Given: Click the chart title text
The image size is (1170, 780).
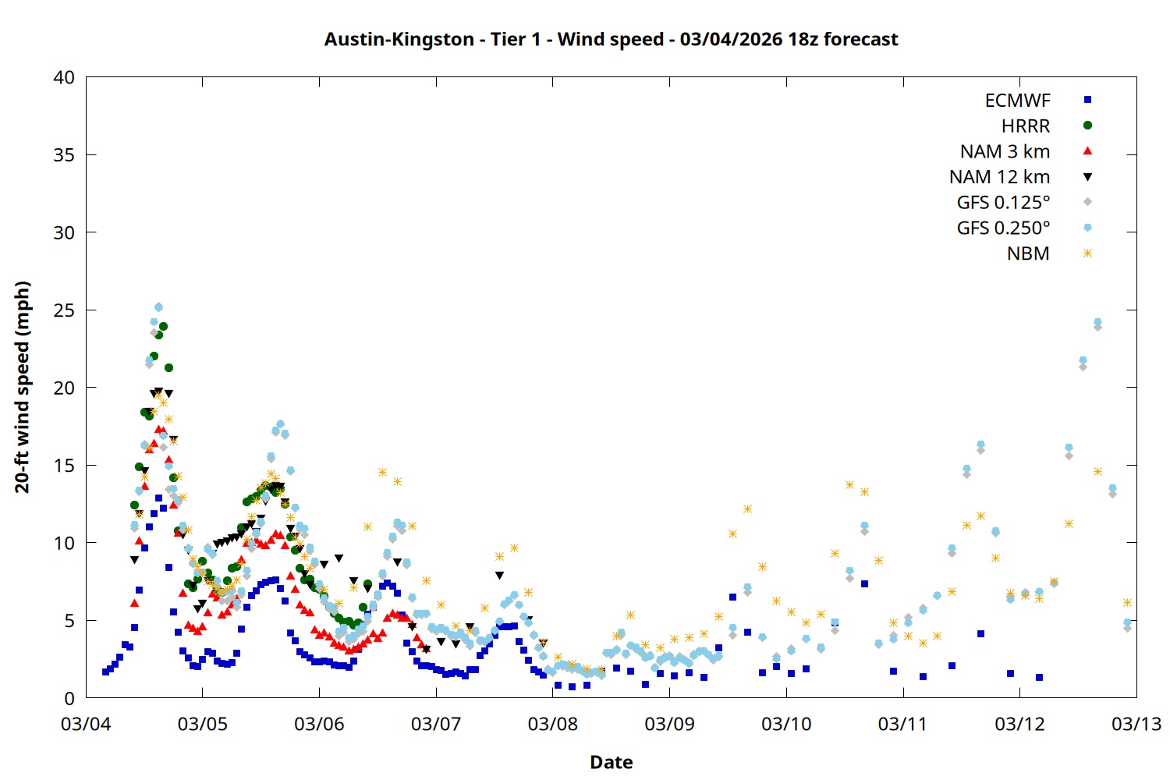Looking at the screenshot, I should pyautogui.click(x=611, y=39).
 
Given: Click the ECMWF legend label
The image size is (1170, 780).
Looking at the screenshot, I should pyautogui.click(x=1017, y=101).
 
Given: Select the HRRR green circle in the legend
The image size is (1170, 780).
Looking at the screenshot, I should pyautogui.click(x=1087, y=126).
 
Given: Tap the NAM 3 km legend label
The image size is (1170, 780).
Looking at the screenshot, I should pyautogui.click(x=1005, y=151).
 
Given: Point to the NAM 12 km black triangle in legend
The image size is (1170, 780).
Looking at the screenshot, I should pyautogui.click(x=1087, y=177).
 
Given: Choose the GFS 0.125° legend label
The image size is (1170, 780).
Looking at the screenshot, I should pyautogui.click(x=1003, y=203).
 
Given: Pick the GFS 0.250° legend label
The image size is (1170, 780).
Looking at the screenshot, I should pyautogui.click(x=1003, y=229).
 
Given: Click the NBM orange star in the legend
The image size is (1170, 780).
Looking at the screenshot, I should pyautogui.click(x=1087, y=253).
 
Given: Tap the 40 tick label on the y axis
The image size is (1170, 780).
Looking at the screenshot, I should pyautogui.click(x=64, y=77).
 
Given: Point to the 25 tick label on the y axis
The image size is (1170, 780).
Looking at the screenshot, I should pyautogui.click(x=64, y=310).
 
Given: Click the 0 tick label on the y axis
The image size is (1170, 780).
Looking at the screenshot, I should pyautogui.click(x=69, y=698).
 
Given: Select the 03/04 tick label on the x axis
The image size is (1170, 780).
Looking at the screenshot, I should pyautogui.click(x=86, y=724).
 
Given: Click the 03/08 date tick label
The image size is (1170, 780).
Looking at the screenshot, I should pyautogui.click(x=553, y=724).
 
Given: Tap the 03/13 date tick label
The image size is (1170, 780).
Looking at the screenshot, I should pyautogui.click(x=1136, y=724).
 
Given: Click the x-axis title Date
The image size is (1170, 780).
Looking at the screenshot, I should pyautogui.click(x=611, y=762).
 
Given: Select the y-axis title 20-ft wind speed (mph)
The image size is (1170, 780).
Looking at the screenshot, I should pyautogui.click(x=23, y=388).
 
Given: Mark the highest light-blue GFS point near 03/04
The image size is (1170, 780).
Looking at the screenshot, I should pyautogui.click(x=158, y=307).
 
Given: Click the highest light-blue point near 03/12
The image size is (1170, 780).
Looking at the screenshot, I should pyautogui.click(x=1097, y=322).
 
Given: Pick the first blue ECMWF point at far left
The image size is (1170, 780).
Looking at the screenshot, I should pyautogui.click(x=105, y=672).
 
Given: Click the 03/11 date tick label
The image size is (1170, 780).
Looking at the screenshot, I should pyautogui.click(x=902, y=724).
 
